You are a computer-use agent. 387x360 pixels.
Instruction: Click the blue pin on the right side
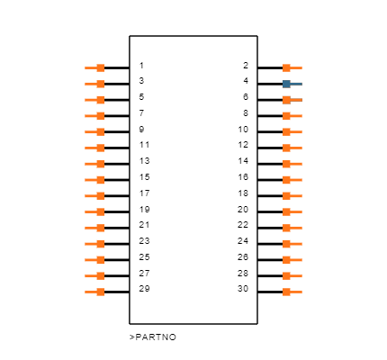click(290, 84)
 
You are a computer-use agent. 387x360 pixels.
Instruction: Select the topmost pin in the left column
click(97, 67)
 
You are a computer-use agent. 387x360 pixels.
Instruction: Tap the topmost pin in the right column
click(290, 67)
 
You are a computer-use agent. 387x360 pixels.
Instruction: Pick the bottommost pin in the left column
click(97, 292)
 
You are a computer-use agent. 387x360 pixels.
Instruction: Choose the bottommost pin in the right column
click(290, 292)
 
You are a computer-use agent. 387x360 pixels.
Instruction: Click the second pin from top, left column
click(97, 84)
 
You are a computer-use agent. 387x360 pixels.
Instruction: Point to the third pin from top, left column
click(97, 100)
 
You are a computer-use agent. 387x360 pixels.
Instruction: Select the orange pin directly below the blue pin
click(290, 100)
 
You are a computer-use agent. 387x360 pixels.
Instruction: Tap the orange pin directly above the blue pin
click(290, 67)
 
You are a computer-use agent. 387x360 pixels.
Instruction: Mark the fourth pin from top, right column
click(290, 116)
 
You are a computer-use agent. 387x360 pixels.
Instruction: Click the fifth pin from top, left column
click(97, 131)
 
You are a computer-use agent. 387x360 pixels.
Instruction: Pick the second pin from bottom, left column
click(97, 275)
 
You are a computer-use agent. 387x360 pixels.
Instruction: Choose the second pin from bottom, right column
click(290, 275)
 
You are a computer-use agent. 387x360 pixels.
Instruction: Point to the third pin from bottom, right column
click(290, 260)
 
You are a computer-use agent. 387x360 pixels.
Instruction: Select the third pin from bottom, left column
click(97, 260)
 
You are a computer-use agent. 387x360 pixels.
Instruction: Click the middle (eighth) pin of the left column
click(97, 180)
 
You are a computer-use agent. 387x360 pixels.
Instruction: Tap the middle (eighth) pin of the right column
click(290, 180)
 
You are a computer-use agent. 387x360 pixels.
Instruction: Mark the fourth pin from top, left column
click(97, 116)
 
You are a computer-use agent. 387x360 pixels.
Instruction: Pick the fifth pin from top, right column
click(290, 131)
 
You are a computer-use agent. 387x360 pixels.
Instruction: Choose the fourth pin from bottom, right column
click(290, 244)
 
